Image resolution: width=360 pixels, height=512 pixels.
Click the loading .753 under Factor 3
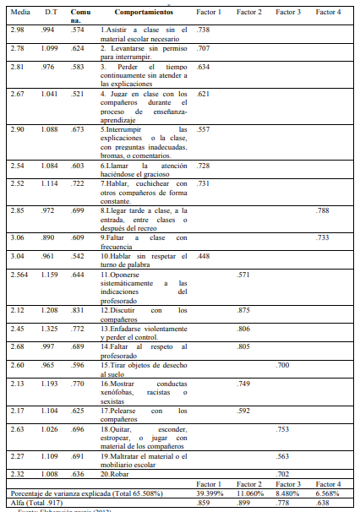pyautogui.click(x=283, y=428)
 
